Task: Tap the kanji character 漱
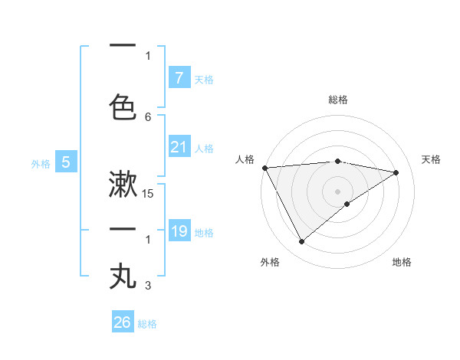(123, 184)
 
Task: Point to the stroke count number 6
(148, 116)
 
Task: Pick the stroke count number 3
(148, 286)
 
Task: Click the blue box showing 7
(179, 78)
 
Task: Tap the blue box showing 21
(179, 147)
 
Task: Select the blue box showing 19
(179, 231)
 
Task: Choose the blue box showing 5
(66, 162)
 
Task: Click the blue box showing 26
(122, 322)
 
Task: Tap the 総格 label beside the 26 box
(147, 324)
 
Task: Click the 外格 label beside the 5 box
(41, 163)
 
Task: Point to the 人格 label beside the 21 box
(204, 149)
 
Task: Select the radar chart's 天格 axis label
(432, 159)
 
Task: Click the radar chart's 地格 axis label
(402, 262)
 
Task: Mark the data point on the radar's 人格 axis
(264, 168)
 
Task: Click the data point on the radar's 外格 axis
(301, 242)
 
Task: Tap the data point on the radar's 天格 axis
(396, 172)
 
